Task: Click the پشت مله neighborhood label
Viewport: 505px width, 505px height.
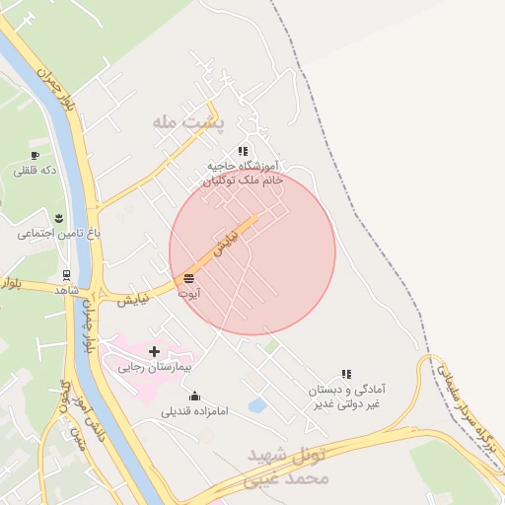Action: click(188, 121)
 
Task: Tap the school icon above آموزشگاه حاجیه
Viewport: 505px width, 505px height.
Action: click(243, 151)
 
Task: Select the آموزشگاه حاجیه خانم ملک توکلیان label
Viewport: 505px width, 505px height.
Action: click(243, 174)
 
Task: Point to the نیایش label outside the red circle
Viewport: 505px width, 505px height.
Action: click(134, 298)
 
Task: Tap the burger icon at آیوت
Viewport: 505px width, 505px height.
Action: click(188, 278)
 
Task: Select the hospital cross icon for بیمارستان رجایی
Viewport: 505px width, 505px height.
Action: click(154, 350)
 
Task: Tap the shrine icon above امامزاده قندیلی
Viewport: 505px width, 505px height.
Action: click(194, 396)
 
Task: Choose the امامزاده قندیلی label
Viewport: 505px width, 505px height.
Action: click(194, 411)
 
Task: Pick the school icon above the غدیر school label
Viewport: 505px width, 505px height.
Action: click(346, 374)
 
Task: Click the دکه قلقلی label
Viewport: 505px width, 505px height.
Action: click(35, 170)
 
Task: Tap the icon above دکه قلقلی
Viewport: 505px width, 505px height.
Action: click(35, 155)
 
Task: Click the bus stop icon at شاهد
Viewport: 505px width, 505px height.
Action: click(66, 275)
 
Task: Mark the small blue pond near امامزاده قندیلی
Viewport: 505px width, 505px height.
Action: click(257, 405)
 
